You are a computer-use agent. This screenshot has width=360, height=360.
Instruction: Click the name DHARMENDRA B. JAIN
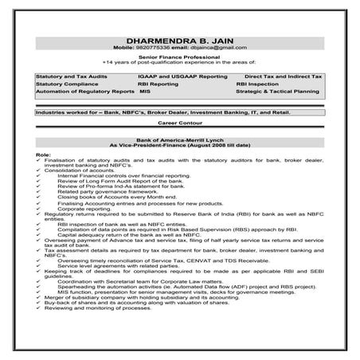[x=179, y=41]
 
